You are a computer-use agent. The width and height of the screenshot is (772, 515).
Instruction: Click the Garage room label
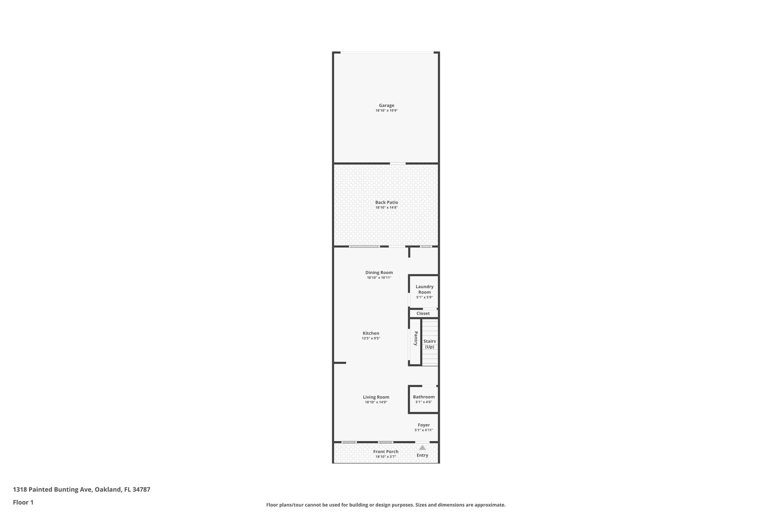pos(386,106)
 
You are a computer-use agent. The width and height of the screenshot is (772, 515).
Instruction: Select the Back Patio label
pos(386,203)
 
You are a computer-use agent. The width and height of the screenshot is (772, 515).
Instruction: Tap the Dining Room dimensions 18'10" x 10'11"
pos(379,278)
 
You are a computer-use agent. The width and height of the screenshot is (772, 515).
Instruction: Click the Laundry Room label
pos(424,289)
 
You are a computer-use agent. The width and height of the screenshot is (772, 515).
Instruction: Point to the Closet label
pos(423,314)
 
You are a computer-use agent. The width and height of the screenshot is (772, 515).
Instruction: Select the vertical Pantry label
pos(416,338)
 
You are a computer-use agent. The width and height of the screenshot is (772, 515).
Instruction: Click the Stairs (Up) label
pos(429,344)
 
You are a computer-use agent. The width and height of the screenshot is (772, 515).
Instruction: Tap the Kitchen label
pos(371,333)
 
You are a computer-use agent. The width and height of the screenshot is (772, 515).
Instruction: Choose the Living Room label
pos(376,397)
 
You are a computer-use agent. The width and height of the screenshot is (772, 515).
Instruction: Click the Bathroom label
pos(424,397)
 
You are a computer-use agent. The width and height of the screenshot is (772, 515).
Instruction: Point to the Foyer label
pos(424,425)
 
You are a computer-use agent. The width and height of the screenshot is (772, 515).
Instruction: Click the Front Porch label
pos(386,452)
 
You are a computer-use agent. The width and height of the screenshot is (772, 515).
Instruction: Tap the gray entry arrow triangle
pos(422,448)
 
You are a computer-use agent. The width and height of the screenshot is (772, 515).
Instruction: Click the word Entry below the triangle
pos(422,455)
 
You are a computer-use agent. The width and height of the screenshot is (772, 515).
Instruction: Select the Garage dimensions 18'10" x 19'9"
pos(386,111)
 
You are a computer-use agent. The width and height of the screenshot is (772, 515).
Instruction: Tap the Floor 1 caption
pos(23,502)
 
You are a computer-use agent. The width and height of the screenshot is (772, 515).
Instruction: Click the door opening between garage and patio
pos(397,163)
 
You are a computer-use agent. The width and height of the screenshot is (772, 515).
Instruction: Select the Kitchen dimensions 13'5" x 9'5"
pos(371,338)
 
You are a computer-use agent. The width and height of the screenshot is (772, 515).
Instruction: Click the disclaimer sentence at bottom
pos(386,505)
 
